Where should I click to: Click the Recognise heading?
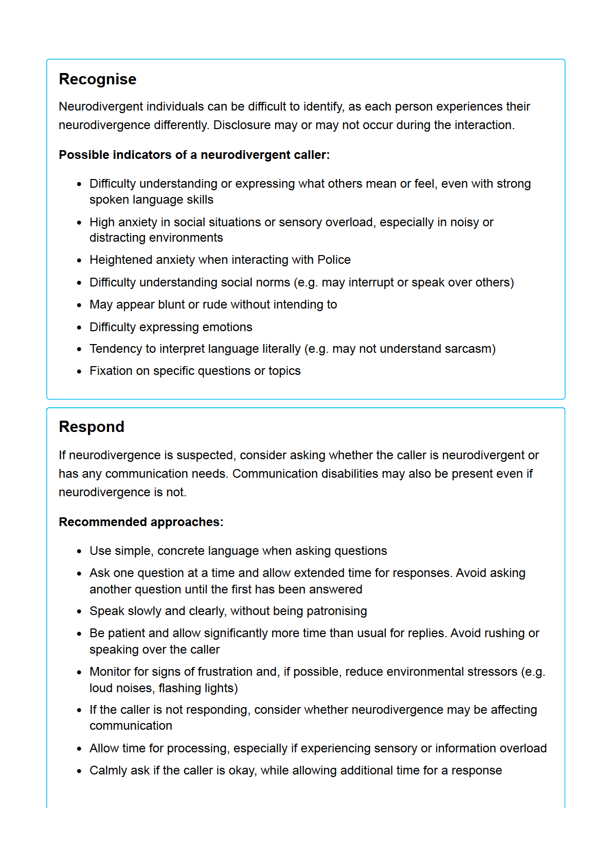tap(98, 79)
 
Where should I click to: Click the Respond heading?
tap(92, 427)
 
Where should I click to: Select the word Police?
tap(334, 260)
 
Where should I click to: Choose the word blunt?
tap(171, 304)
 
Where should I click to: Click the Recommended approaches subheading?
tap(141, 522)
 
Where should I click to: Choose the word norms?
tap(275, 282)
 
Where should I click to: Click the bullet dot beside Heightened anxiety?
tap(79, 261)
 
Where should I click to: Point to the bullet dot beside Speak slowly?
tap(79, 612)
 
